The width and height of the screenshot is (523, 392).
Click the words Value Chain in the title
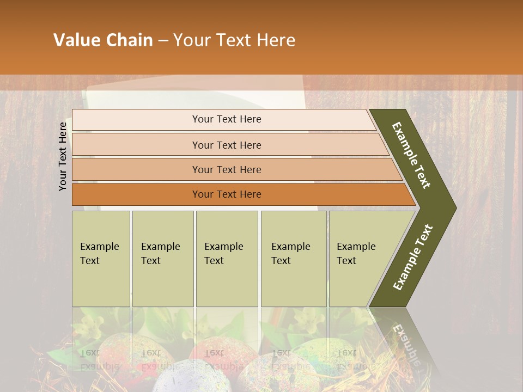pos(103,40)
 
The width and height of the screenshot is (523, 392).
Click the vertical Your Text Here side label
pos(63,157)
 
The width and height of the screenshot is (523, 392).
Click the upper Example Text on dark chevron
pos(412,155)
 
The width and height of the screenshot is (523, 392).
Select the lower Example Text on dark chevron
pos(413,257)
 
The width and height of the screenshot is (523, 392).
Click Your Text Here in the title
pos(234,40)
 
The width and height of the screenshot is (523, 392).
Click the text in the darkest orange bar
pos(227,194)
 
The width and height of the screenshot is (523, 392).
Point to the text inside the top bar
pos(227,119)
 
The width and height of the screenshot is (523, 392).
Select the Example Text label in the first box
pos(99,254)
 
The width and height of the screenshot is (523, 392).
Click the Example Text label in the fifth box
pos(356,254)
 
